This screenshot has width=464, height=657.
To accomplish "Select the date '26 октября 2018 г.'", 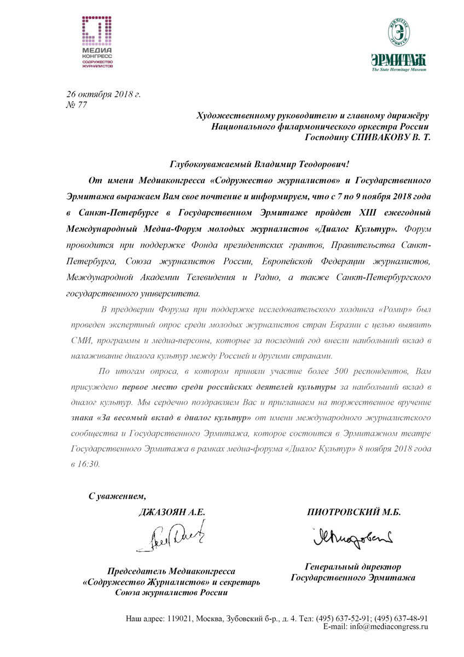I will [103, 94].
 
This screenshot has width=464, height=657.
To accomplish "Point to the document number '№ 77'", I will [76, 105].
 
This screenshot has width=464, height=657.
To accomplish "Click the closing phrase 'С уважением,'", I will [118, 497].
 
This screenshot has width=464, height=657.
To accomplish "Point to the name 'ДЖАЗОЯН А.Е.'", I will [171, 512].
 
